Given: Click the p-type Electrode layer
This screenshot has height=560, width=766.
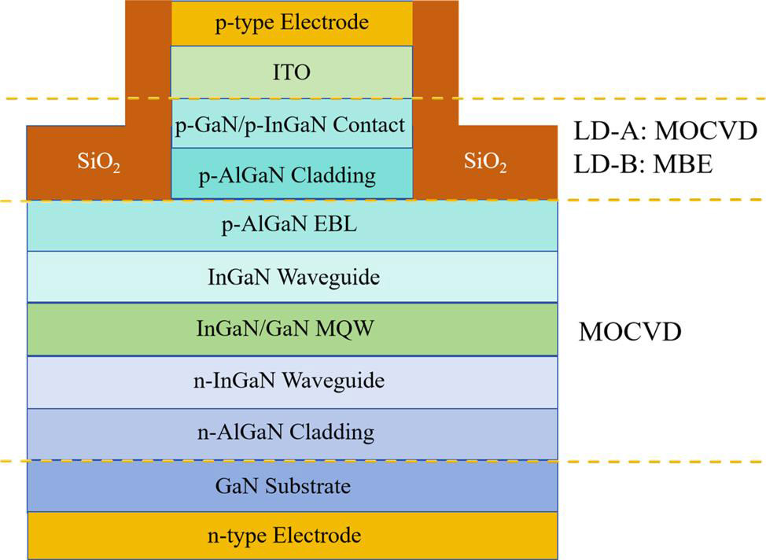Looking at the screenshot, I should pyautogui.click(x=292, y=22).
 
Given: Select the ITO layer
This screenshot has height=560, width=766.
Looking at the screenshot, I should pyautogui.click(x=292, y=72).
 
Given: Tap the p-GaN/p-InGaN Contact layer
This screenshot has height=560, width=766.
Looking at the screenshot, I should pyautogui.click(x=292, y=124).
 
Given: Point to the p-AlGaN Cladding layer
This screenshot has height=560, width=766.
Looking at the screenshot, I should pyautogui.click(x=292, y=174).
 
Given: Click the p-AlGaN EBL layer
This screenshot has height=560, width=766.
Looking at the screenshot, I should pyautogui.click(x=292, y=227).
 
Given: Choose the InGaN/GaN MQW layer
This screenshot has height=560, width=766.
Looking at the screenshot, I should pyautogui.click(x=292, y=329).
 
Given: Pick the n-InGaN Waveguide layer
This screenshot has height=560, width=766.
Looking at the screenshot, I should pyautogui.click(x=292, y=381).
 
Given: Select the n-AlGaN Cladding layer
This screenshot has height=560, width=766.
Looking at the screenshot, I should pyautogui.click(x=292, y=432).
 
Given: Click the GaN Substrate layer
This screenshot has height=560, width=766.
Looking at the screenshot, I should pyautogui.click(x=292, y=486).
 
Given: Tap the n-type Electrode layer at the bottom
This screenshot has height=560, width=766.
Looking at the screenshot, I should pyautogui.click(x=292, y=536).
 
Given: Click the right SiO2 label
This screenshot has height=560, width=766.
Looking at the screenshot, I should pyautogui.click(x=484, y=164).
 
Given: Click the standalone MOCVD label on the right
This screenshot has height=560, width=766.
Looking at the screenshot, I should pyautogui.click(x=629, y=331).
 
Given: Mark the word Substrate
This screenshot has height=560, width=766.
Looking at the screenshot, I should pyautogui.click(x=312, y=486).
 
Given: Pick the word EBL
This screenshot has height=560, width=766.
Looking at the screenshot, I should pyautogui.click(x=340, y=227).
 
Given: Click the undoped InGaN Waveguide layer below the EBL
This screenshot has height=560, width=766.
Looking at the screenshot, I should pyautogui.click(x=292, y=277).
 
